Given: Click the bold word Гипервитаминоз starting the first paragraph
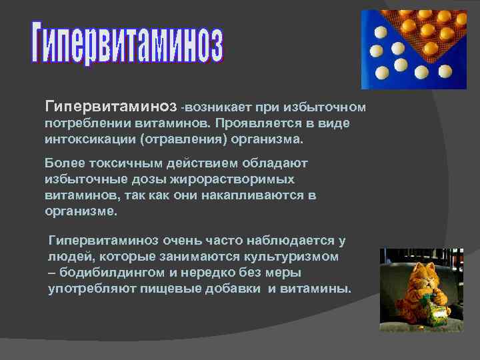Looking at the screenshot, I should pos(111,107).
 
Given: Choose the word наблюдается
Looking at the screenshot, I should pos(289,239).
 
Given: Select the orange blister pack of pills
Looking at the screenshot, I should pos(437,33).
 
